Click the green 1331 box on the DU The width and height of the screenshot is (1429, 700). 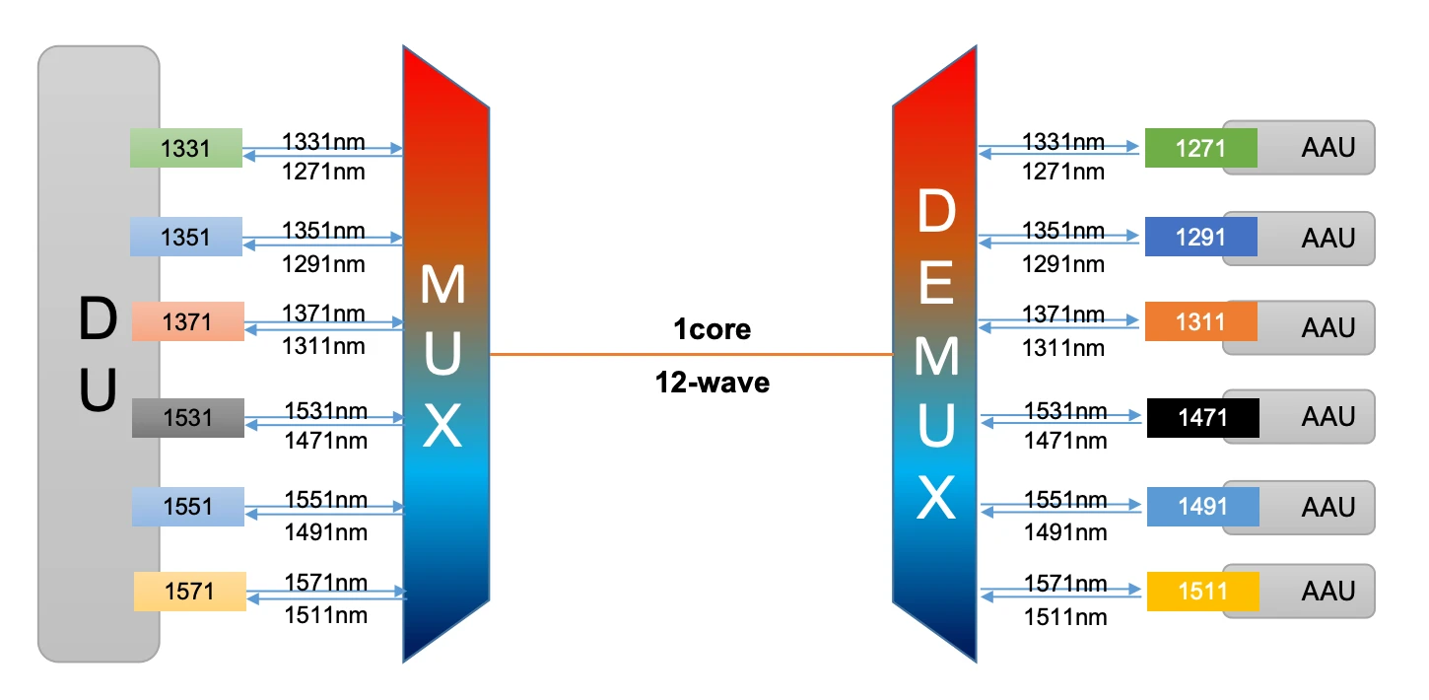point(186,148)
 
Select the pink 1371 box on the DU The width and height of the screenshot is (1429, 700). point(188,321)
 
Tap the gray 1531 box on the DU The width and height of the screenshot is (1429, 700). point(188,418)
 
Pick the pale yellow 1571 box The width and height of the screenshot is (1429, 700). point(190,592)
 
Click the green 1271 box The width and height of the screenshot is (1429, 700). point(1201,148)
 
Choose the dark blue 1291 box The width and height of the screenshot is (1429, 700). point(1201,237)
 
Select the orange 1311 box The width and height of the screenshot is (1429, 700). point(1201,321)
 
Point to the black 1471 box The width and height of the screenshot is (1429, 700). point(1203,418)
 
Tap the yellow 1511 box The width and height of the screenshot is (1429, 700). point(1203,592)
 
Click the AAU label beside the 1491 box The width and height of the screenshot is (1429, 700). point(1328,508)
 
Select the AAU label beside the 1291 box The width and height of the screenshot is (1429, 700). point(1328,238)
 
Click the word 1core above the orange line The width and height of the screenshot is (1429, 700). point(712,329)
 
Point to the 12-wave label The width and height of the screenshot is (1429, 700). point(712,383)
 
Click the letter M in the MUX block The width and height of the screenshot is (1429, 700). point(442,284)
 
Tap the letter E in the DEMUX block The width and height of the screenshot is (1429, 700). point(936,282)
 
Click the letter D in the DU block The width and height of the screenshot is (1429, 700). point(98,318)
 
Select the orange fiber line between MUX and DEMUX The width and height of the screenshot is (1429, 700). point(691,354)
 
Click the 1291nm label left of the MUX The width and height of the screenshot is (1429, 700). point(323,264)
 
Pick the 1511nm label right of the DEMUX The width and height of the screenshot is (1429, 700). point(1065,617)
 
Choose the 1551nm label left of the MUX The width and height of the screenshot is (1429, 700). point(326,500)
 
